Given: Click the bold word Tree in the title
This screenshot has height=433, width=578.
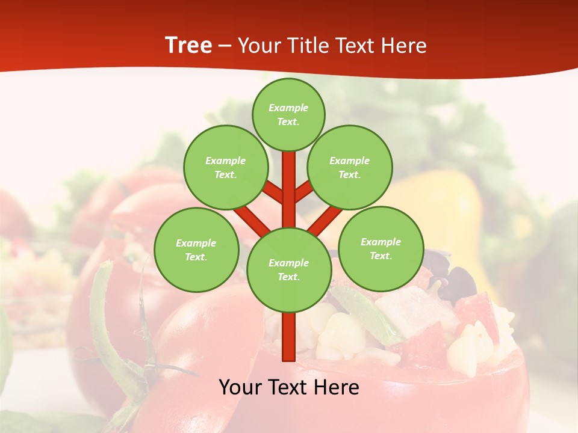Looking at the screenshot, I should [x=188, y=46].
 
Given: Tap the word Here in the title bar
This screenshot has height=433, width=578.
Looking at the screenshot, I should [x=405, y=46].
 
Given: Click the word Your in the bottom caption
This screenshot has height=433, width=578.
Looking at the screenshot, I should [x=240, y=387].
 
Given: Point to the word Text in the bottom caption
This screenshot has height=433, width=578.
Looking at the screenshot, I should [x=288, y=387].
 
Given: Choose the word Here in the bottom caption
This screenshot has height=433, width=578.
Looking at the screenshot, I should [x=337, y=387].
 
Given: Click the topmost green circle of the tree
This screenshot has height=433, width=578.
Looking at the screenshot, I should [x=288, y=114].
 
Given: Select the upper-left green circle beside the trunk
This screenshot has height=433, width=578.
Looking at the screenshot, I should [x=225, y=167].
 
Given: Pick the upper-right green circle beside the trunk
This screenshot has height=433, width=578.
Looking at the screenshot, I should [x=349, y=167].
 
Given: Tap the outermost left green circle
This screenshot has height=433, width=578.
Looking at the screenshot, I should [x=196, y=250].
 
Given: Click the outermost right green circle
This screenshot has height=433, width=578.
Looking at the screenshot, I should [x=381, y=248].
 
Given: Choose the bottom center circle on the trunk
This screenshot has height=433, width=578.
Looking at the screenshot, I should [x=288, y=269].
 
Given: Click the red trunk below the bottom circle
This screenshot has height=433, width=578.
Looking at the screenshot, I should [x=288, y=337].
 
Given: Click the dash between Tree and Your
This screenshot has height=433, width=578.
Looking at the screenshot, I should [x=225, y=46].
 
